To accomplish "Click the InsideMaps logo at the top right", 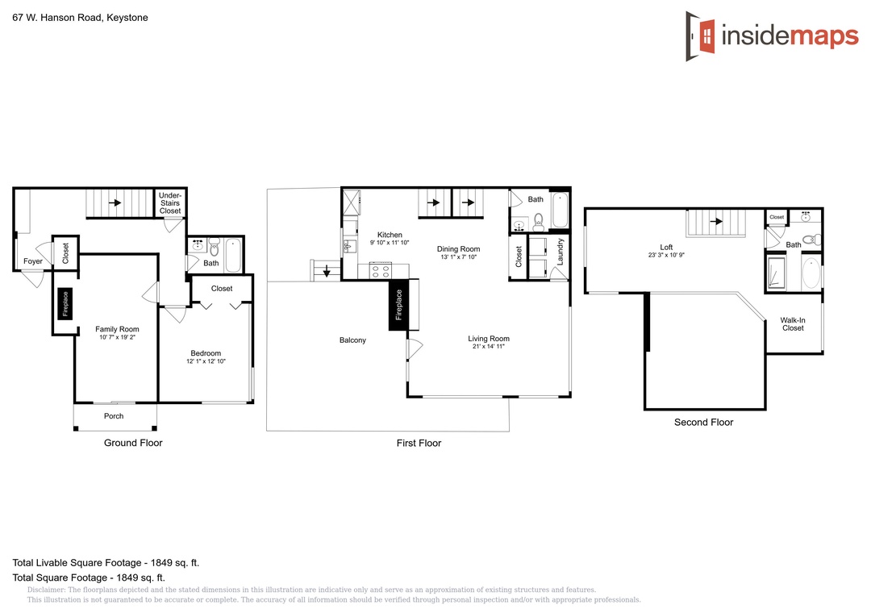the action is (x=772, y=36).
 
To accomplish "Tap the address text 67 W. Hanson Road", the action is (x=56, y=18).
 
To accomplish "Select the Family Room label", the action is (x=117, y=329).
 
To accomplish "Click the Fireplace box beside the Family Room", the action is (x=65, y=304).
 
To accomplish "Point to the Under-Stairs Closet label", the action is (x=170, y=202).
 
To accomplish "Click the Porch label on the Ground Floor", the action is (x=114, y=416).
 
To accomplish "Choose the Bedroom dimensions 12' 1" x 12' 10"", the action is (x=206, y=361).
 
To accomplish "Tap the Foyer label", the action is (x=33, y=261).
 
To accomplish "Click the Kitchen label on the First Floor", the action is (x=390, y=235).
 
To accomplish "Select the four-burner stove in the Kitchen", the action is (x=381, y=271).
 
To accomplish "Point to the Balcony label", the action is (x=352, y=340).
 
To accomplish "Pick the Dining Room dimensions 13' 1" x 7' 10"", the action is (x=458, y=256).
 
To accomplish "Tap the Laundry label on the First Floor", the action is (x=560, y=252).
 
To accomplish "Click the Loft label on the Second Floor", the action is (x=667, y=248).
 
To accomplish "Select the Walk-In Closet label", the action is (x=793, y=324).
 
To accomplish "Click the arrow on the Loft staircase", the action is (x=716, y=221).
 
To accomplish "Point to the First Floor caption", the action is (x=419, y=444).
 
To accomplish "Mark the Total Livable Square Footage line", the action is (x=106, y=563).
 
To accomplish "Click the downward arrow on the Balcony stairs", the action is (x=327, y=271).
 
